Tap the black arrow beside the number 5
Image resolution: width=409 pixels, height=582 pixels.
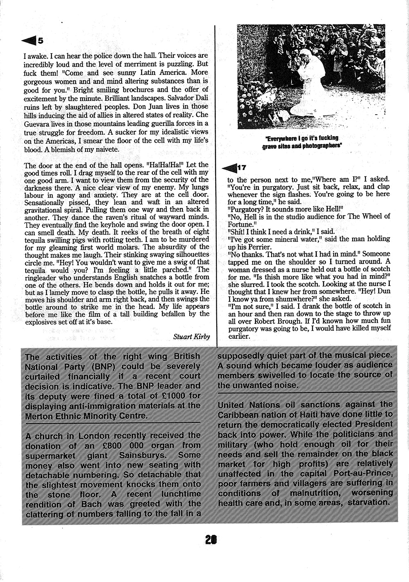click(x=29, y=40)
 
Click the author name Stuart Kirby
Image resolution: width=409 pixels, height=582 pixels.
click(x=191, y=336)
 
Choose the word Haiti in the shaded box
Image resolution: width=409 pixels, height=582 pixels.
click(x=292, y=415)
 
